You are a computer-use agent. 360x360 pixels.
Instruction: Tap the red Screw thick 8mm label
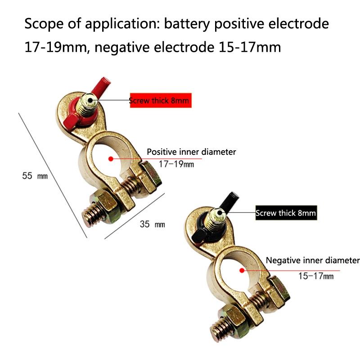point(161,100)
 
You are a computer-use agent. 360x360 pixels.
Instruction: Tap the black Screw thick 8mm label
point(286,213)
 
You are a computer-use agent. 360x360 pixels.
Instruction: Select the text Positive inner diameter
point(191,152)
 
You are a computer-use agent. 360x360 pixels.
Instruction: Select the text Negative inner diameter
point(313,261)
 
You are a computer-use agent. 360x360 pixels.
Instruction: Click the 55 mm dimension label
point(35,176)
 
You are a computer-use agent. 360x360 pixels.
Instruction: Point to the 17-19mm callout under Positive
point(177,164)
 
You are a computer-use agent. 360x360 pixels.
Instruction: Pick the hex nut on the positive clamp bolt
point(105,202)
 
